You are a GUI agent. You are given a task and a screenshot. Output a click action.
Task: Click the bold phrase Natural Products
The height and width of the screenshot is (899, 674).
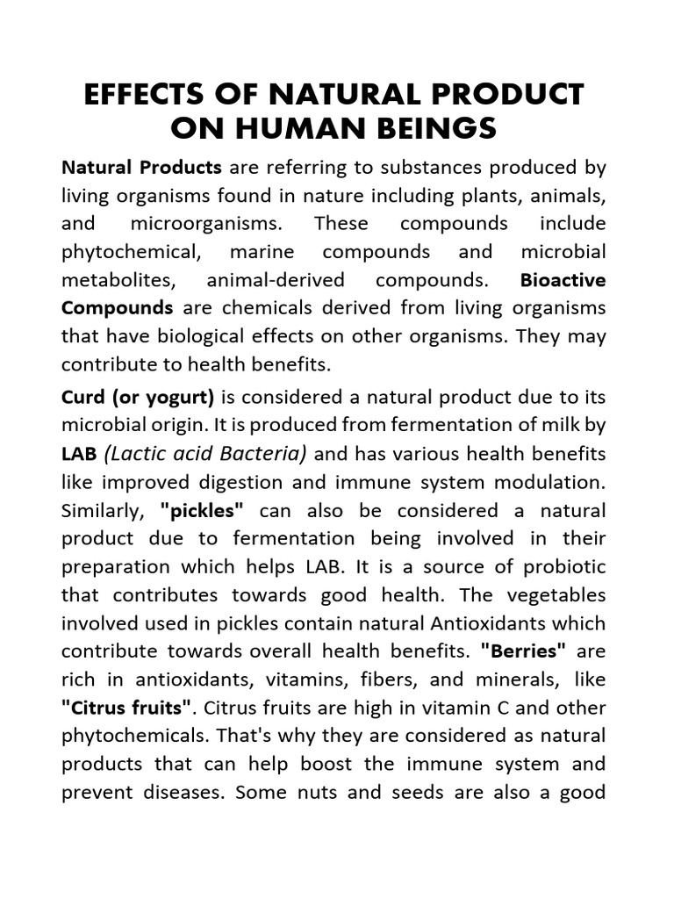[141, 167]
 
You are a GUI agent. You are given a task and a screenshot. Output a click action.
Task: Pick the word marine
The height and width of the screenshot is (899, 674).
[261, 252]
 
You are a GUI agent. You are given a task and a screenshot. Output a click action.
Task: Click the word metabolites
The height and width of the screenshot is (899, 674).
[114, 280]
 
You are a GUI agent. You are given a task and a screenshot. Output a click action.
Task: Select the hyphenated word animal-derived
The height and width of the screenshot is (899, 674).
[277, 280]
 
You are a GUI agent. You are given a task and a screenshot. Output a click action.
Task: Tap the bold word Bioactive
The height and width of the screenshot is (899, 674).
[563, 280]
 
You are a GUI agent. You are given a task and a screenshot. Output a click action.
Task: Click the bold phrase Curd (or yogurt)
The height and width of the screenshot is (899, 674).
[138, 397]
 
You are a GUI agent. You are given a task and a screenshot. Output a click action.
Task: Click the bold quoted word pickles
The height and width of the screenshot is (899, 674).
[202, 511]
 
